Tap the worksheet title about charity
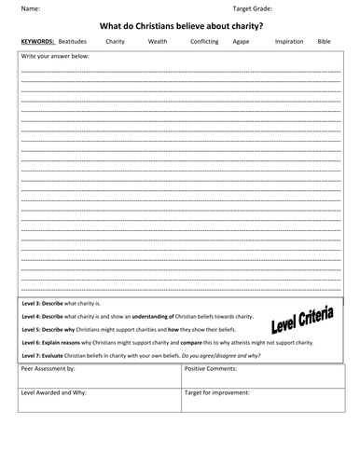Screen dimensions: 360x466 [179, 25]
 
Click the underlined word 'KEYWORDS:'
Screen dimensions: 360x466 [37, 42]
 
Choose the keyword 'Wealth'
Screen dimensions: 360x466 [158, 42]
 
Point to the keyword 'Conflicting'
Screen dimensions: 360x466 [204, 42]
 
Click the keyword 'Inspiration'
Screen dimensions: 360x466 [287, 42]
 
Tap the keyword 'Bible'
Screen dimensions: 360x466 [324, 42]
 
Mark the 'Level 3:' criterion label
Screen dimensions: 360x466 [34, 304]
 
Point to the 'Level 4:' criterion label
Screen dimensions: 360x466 [34, 317]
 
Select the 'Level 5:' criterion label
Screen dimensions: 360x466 [34, 329]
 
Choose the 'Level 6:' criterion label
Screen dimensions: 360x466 [34, 342]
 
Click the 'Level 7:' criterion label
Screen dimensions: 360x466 [34, 355]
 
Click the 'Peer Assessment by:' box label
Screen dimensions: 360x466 [50, 370]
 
